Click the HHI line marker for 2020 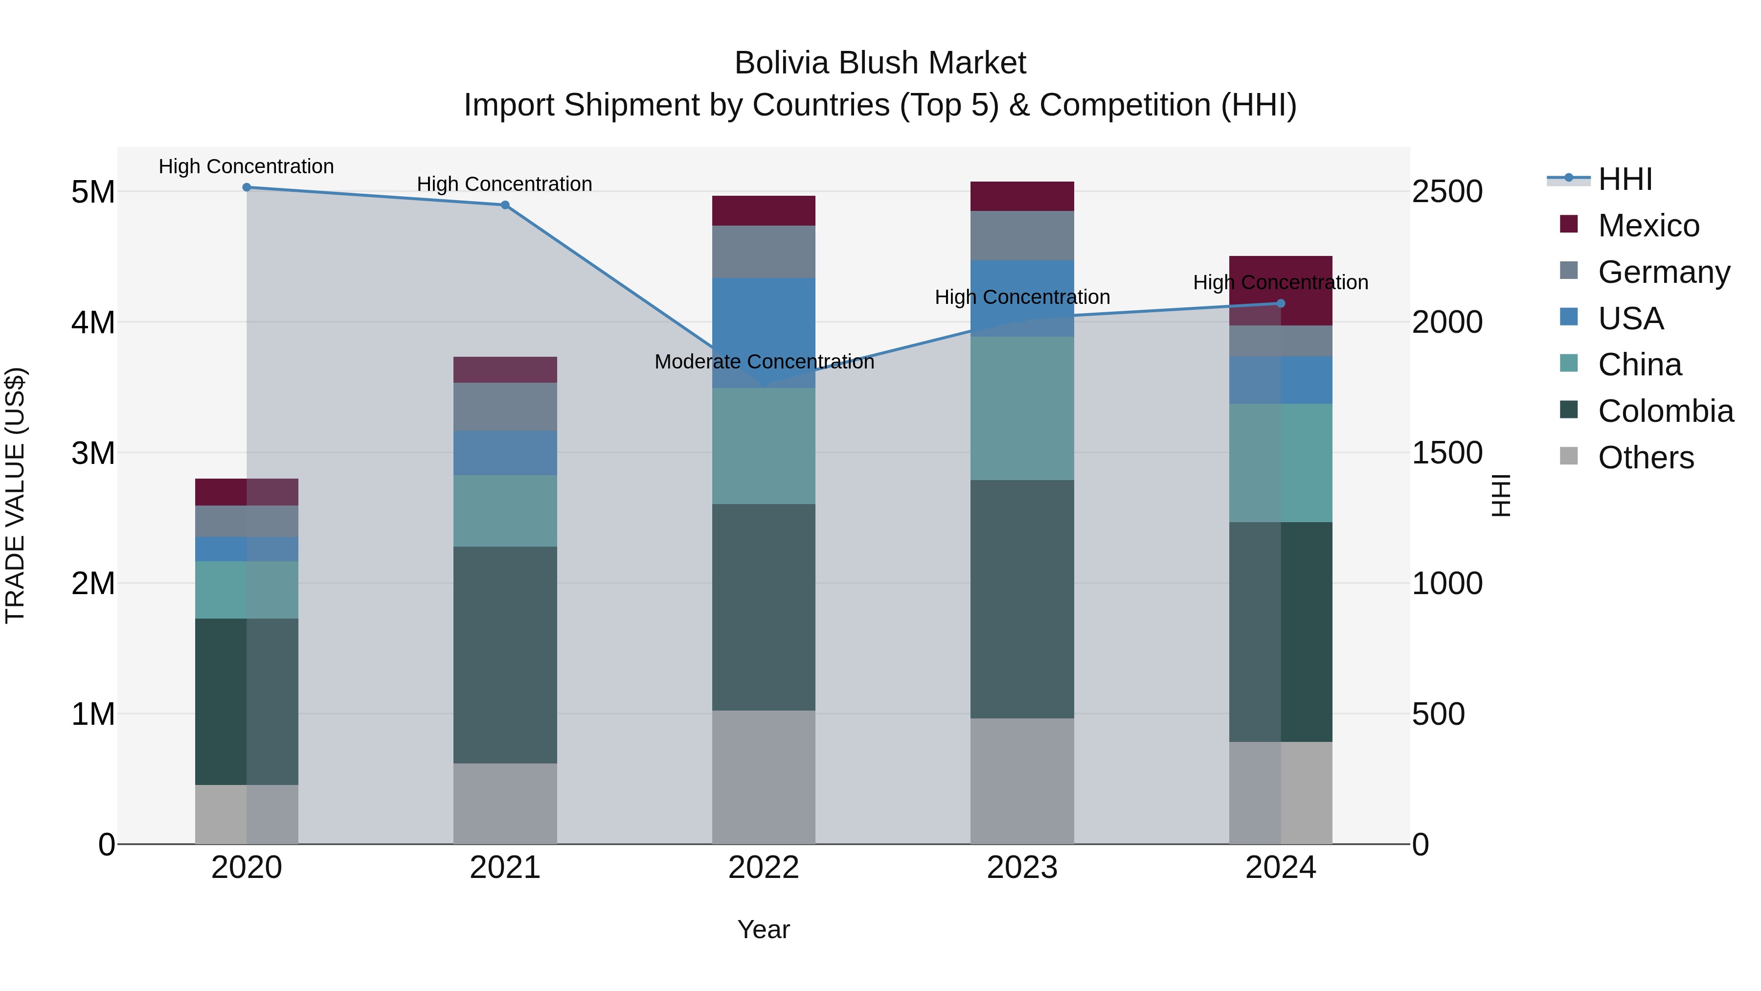coord(247,187)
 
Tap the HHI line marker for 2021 coord(505,205)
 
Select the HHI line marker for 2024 coord(1281,303)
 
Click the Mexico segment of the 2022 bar coord(764,210)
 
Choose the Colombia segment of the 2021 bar coord(505,654)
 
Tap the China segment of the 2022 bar coord(764,446)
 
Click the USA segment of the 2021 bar coord(505,453)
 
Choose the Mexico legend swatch coord(1569,224)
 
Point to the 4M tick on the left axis coord(93,322)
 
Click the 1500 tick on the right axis coord(1447,453)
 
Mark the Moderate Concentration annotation coord(764,362)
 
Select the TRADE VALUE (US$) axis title coord(15,495)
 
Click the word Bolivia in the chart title coord(782,63)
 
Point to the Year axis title coord(764,929)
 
